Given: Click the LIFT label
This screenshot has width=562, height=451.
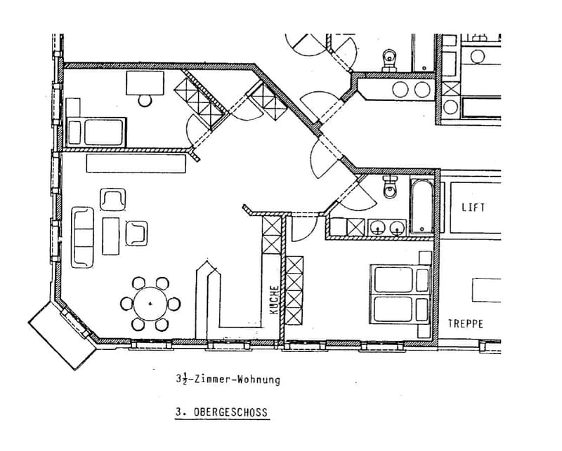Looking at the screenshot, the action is (473, 208).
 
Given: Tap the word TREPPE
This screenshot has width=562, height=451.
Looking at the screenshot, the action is (466, 324).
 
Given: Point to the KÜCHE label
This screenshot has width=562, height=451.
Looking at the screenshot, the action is (274, 300).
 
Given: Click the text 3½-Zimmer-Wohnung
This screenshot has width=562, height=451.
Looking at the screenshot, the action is (228, 379).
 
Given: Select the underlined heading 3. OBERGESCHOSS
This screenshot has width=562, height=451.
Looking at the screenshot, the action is (222, 412).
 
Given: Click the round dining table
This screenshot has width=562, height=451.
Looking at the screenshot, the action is (150, 304).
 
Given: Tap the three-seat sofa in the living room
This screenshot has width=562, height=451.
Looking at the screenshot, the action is (83, 237).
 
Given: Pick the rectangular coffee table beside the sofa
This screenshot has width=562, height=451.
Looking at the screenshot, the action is (111, 236).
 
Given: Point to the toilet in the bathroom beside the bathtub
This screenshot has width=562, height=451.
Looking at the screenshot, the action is (390, 187).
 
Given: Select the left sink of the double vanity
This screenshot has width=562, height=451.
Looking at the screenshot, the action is (377, 227).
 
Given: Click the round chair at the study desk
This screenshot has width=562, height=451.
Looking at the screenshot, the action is (145, 100).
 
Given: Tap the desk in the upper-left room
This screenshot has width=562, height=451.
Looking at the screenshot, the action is (145, 83).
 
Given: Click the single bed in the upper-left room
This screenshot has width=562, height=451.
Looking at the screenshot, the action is (96, 132).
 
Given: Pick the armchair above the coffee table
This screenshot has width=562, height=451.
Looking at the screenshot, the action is (113, 199).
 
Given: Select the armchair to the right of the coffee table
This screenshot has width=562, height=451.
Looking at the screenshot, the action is (136, 234).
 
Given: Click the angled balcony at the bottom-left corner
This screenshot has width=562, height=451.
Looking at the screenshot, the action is (63, 335).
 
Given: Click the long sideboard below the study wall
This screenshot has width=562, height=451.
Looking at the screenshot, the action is (136, 163).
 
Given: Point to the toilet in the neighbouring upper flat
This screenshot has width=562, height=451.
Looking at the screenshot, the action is (389, 60).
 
